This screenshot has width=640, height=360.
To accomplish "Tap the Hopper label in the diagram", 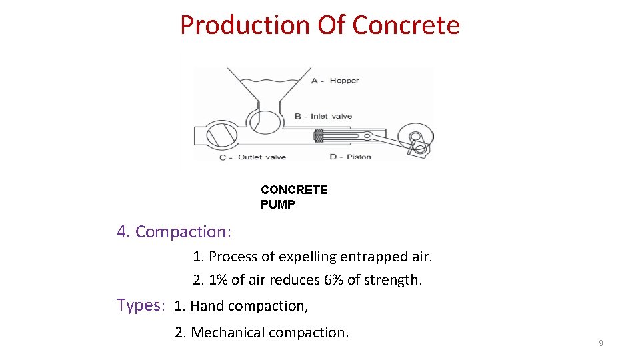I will pyautogui.click(x=344, y=81).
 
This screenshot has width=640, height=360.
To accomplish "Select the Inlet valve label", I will pyautogui.click(x=331, y=117).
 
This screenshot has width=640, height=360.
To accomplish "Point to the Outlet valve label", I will pyautogui.click(x=261, y=157).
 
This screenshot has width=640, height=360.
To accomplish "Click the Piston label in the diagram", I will pyautogui.click(x=359, y=157).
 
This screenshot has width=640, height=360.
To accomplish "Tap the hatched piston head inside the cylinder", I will pyautogui.click(x=319, y=137).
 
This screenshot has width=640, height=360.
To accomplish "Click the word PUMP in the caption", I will pyautogui.click(x=277, y=205).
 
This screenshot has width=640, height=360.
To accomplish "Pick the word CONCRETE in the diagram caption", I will pyautogui.click(x=294, y=190).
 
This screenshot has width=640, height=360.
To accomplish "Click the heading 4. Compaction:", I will pyautogui.click(x=174, y=232).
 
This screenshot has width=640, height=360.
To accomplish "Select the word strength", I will pyautogui.click(x=393, y=280).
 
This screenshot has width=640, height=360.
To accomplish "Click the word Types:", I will pyautogui.click(x=140, y=305).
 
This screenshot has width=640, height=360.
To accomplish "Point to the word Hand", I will pyautogui.click(x=207, y=306).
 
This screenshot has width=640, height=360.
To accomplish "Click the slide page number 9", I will pyautogui.click(x=601, y=343).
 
